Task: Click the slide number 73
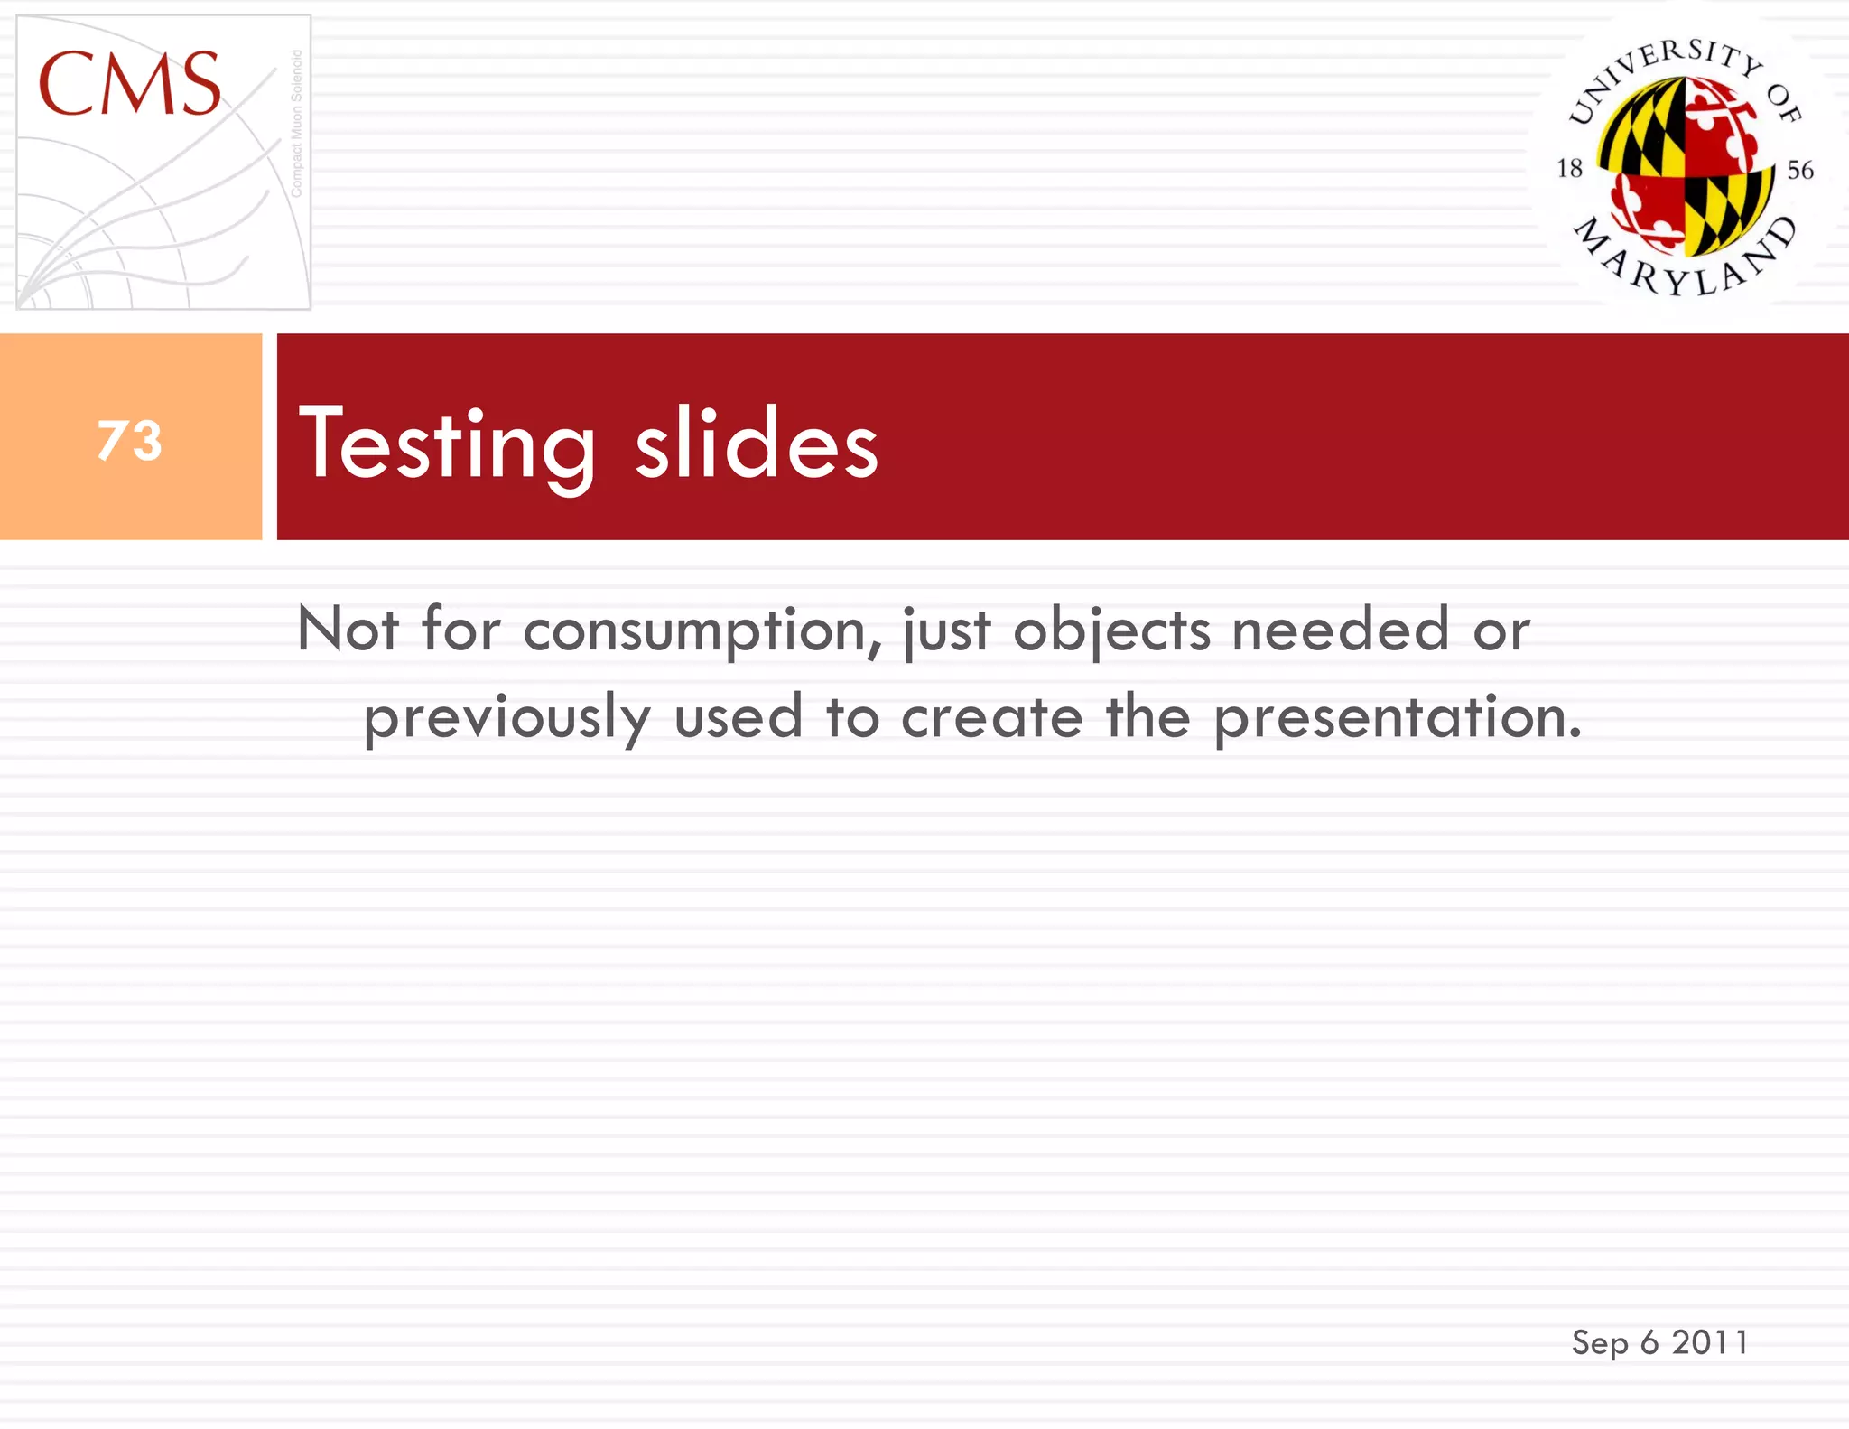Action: click(x=130, y=440)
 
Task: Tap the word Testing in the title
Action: click(x=447, y=444)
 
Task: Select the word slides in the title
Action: click(x=756, y=444)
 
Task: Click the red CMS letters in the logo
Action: click(x=129, y=84)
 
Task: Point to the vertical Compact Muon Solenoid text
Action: click(x=296, y=124)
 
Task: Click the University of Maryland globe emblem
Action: click(x=1684, y=166)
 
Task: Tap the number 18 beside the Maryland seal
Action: click(x=1569, y=168)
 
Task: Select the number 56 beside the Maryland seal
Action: click(x=1800, y=170)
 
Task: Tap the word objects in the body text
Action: click(x=1111, y=630)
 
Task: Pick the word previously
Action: click(x=506, y=718)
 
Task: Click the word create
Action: click(x=992, y=718)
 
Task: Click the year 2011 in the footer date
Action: click(x=1710, y=1342)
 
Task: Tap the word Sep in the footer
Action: click(x=1600, y=1343)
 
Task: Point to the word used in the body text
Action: click(x=739, y=718)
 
